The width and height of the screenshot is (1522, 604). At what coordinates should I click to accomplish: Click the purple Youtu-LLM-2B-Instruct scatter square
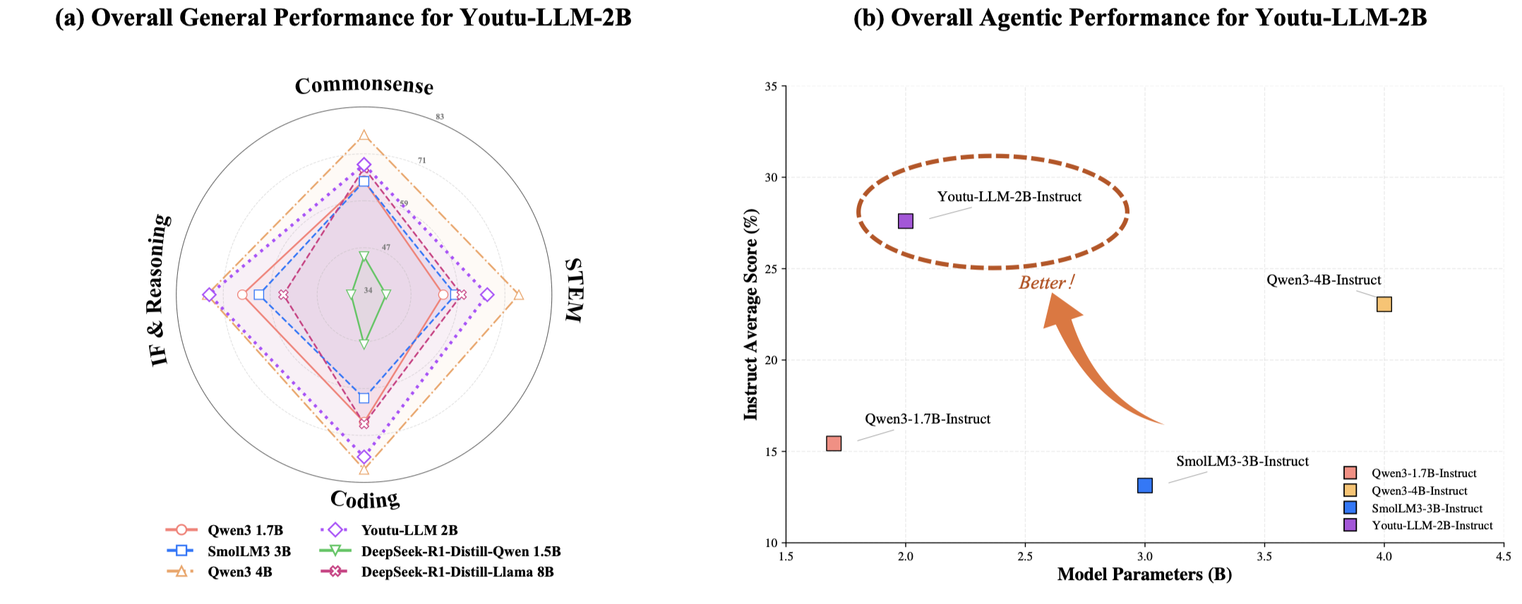tap(905, 221)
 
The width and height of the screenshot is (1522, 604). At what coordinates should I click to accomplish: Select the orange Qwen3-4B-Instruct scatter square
tap(1384, 304)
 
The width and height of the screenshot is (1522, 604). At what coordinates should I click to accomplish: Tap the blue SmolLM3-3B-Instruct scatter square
tap(1144, 485)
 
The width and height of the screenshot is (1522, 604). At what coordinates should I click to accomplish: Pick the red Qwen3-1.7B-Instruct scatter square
tap(833, 443)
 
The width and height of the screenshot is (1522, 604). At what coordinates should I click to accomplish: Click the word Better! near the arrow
tap(1046, 283)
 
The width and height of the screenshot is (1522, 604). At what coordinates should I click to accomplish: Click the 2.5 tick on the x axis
tap(1024, 557)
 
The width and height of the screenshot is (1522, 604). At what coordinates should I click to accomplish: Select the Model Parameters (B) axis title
tap(1144, 574)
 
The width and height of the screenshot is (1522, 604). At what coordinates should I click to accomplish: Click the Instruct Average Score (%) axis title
tap(751, 314)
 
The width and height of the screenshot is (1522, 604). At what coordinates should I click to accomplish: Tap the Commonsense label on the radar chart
tap(364, 85)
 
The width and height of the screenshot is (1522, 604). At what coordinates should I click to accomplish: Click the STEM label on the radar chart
tap(575, 290)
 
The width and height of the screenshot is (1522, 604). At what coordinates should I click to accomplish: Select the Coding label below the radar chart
tap(364, 499)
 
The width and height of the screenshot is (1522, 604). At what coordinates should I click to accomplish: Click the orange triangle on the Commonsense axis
tap(364, 135)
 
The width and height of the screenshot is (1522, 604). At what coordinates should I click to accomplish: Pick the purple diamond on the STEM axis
tap(487, 294)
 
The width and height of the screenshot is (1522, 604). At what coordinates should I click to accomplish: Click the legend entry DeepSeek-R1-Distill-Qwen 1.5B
tap(460, 551)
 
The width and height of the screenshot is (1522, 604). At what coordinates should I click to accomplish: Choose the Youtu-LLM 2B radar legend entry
tap(409, 530)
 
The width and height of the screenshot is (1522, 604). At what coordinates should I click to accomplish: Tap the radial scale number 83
tap(439, 117)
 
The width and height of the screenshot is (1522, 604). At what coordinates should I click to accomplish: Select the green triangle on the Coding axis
tap(364, 344)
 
